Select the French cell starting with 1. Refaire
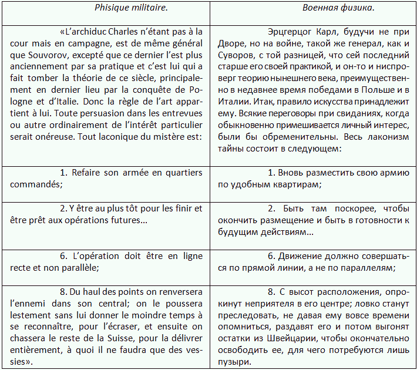(x=106, y=178)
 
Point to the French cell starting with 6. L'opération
(x=106, y=262)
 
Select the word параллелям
(x=368, y=267)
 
